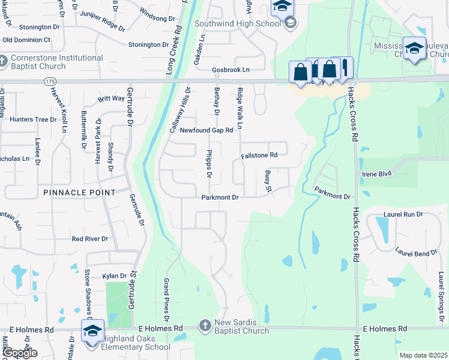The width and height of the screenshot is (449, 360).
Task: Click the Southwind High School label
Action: point(237,24)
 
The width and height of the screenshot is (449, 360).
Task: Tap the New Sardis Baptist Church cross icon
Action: point(205,325)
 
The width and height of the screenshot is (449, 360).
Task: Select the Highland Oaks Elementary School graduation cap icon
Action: point(93,331)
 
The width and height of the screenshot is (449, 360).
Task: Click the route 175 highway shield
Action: point(50,80)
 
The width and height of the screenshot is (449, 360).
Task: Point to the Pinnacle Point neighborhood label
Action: point(79,193)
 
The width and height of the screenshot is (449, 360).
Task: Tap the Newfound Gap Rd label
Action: point(206,130)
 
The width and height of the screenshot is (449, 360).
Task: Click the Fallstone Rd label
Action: point(259,155)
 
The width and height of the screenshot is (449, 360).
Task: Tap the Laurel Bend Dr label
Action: point(416,253)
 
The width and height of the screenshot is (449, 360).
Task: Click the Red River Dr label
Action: point(89,239)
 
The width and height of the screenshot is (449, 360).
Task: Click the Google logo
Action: point(20,353)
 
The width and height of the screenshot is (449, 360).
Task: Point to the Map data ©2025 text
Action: point(423,355)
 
